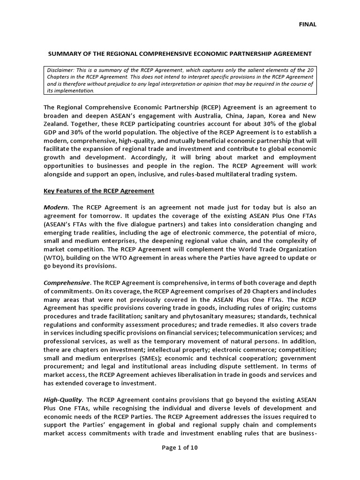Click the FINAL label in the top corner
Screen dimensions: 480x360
pyautogui.click(x=308, y=24)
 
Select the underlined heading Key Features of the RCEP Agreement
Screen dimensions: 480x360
pyautogui.click(x=98, y=191)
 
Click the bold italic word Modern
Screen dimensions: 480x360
pyautogui.click(x=56, y=207)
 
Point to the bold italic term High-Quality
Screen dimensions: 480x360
pyautogui.click(x=63, y=399)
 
